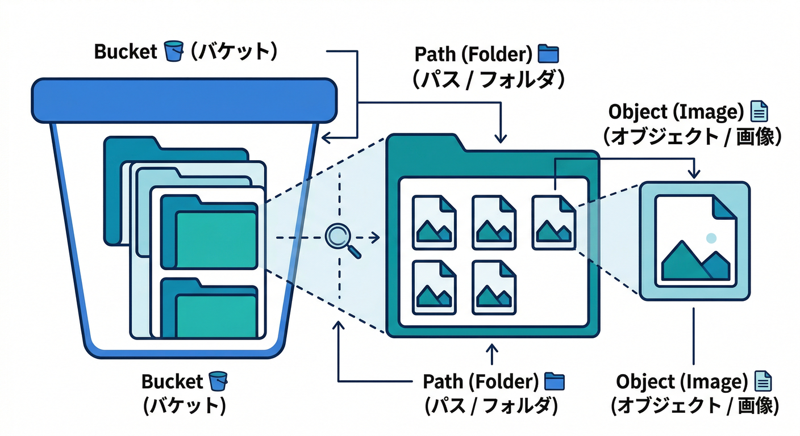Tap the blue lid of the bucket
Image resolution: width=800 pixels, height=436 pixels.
pyautogui.click(x=184, y=100)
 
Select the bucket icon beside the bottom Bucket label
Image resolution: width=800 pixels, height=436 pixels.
pyautogui.click(x=218, y=381)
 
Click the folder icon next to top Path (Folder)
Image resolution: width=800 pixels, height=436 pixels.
pyautogui.click(x=548, y=54)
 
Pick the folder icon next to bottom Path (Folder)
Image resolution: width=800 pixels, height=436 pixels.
pyautogui.click(x=555, y=381)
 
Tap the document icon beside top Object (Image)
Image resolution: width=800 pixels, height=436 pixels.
pyautogui.click(x=759, y=112)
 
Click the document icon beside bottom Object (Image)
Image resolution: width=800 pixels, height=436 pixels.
pyautogui.click(x=763, y=382)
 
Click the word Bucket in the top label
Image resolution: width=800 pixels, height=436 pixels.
pyautogui.click(x=125, y=52)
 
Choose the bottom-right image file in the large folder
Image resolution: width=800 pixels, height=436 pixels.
pyautogui.click(x=494, y=287)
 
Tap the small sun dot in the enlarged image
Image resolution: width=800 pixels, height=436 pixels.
pyautogui.click(x=711, y=238)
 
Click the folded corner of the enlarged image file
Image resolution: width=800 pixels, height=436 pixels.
pyautogui.click(x=725, y=208)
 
